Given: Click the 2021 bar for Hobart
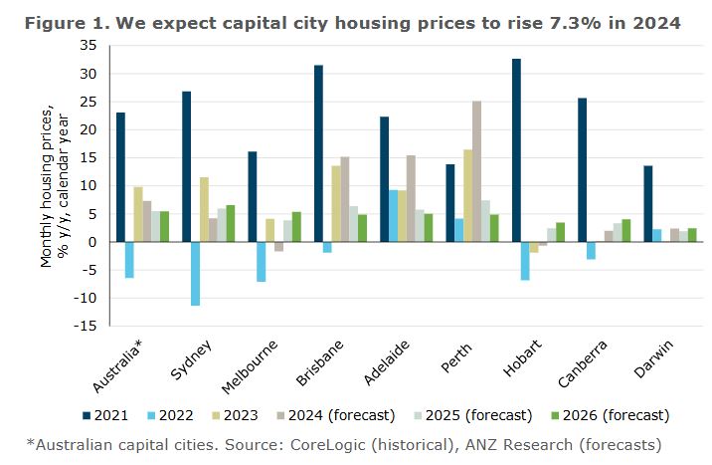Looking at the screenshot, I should [516, 150].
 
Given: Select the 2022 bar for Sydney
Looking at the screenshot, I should [196, 274].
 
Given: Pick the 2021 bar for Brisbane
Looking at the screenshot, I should [318, 153].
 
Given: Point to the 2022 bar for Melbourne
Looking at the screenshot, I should [262, 262].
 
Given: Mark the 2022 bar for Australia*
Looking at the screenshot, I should [129, 260].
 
